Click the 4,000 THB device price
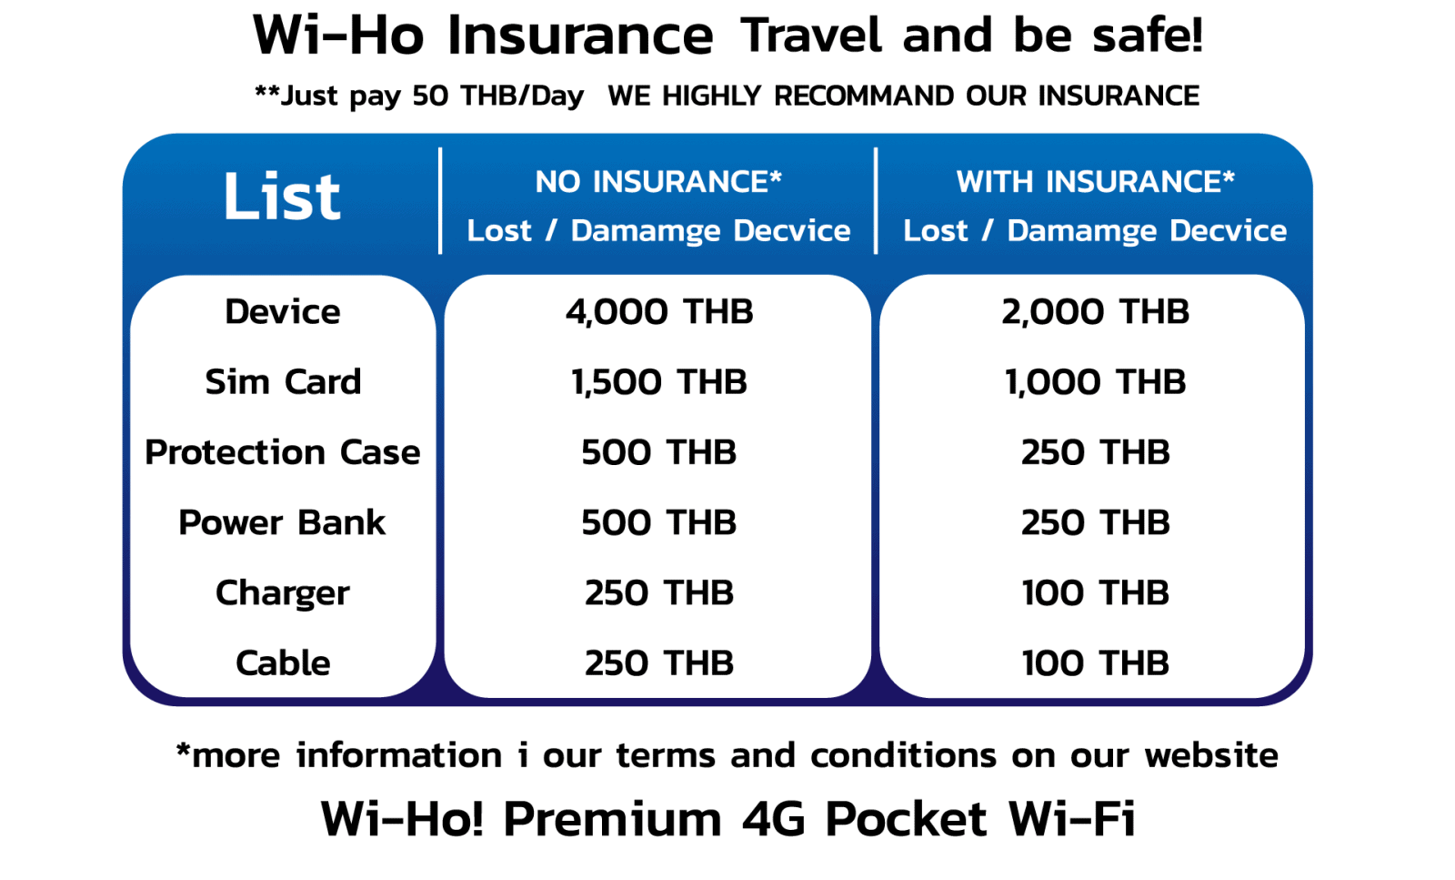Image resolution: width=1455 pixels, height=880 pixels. (x=659, y=312)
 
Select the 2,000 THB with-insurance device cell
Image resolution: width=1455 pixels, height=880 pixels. (x=1095, y=312)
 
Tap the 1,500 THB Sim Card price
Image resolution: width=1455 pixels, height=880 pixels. (x=659, y=381)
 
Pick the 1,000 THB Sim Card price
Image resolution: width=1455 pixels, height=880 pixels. (x=1095, y=381)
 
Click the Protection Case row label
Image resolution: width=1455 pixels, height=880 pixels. (x=283, y=452)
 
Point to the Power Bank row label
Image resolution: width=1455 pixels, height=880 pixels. (x=283, y=522)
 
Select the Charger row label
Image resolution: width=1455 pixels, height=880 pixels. (x=283, y=593)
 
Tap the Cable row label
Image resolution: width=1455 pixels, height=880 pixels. (x=283, y=663)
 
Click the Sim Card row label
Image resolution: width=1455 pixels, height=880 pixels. (x=283, y=381)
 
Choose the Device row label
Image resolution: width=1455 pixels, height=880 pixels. (x=283, y=312)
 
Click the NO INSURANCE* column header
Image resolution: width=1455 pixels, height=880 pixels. (x=658, y=182)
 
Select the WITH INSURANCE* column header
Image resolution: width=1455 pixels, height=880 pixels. (x=1095, y=182)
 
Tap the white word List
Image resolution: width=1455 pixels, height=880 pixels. (x=282, y=197)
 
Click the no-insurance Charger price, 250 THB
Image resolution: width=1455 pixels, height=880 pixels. (x=659, y=593)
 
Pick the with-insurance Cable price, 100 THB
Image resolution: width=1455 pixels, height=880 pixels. (x=1095, y=663)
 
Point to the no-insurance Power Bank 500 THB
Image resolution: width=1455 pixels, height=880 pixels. (x=659, y=522)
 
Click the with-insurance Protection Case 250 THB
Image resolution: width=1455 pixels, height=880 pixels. (x=1095, y=452)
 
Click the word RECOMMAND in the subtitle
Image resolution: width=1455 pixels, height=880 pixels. (x=863, y=96)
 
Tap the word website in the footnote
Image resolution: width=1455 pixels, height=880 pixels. (x=1211, y=755)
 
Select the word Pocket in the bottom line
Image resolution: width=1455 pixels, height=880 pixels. (x=906, y=818)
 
